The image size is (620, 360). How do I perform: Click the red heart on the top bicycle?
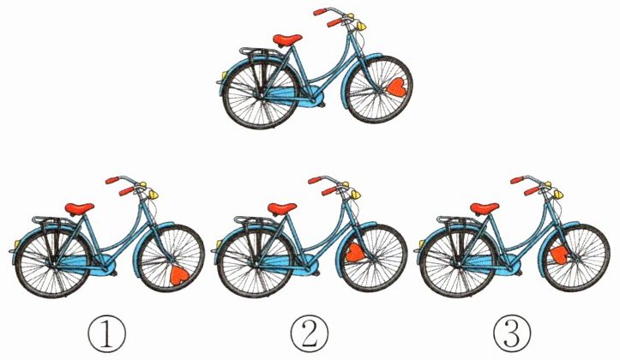(x=396, y=87)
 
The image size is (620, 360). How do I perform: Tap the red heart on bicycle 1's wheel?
(x=179, y=275)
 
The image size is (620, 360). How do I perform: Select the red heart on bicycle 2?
(x=355, y=253)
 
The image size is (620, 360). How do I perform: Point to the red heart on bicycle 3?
(x=559, y=255)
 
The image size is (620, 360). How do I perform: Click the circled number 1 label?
(x=107, y=335)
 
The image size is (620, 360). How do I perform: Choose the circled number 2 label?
(x=310, y=335)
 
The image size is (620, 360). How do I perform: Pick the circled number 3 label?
(x=512, y=335)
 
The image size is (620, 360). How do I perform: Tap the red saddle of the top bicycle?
(x=287, y=39)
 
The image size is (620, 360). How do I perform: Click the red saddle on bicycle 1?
(x=80, y=208)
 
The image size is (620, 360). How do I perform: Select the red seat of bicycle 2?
(x=282, y=208)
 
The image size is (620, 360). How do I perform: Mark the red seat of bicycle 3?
(x=485, y=208)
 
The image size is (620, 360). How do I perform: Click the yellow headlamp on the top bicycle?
(x=361, y=26)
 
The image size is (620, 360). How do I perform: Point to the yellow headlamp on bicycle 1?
(x=153, y=195)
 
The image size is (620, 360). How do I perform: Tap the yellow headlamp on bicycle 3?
(x=558, y=195)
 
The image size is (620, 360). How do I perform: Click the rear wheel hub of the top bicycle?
(x=260, y=94)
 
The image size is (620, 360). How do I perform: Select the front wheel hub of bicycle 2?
(x=374, y=259)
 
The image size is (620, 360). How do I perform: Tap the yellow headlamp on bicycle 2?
(x=356, y=195)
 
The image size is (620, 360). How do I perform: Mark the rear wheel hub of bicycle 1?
(x=52, y=263)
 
